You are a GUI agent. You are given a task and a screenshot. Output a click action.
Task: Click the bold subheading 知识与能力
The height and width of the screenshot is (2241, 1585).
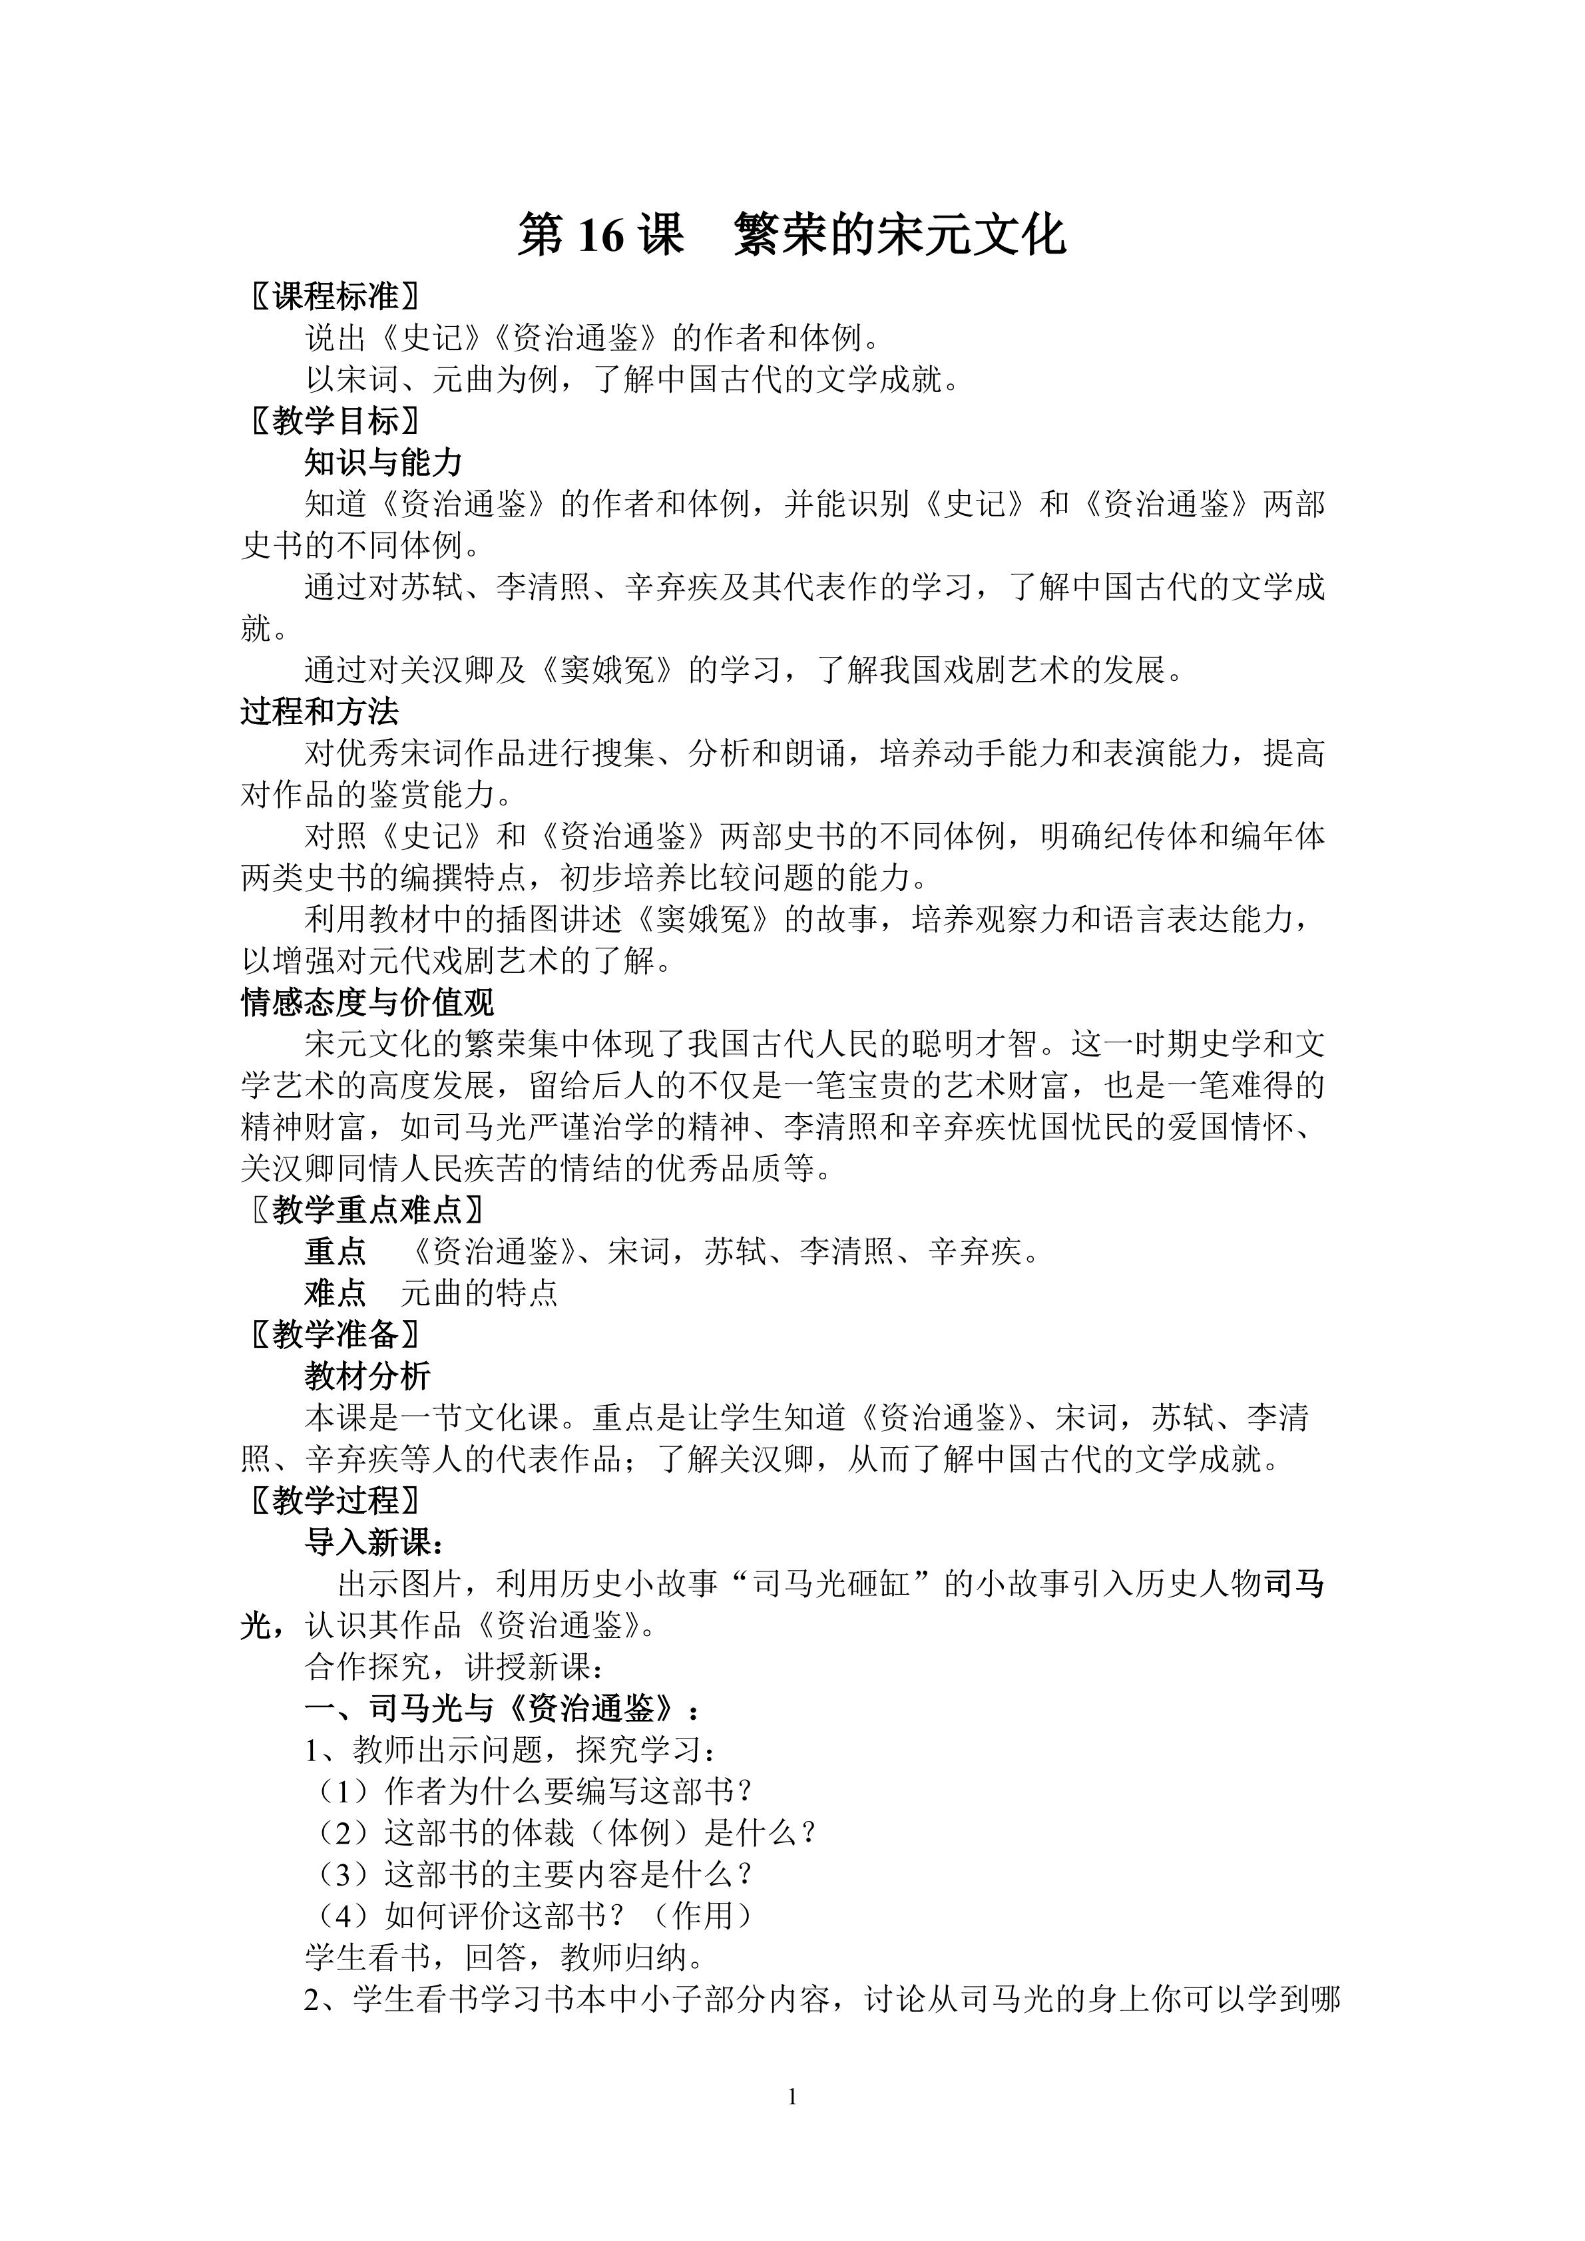point(383,463)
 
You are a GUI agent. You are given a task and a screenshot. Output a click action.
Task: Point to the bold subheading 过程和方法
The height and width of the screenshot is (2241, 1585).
point(319,712)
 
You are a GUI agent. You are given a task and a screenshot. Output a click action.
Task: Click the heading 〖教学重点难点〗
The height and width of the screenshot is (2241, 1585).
point(365,1210)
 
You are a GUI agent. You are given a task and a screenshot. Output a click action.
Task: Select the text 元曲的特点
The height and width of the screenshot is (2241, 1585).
point(478,1293)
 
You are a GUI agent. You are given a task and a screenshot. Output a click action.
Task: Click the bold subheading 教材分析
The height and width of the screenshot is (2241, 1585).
point(367,1376)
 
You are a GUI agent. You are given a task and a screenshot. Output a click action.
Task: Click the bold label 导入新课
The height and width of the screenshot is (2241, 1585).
point(371,1543)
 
